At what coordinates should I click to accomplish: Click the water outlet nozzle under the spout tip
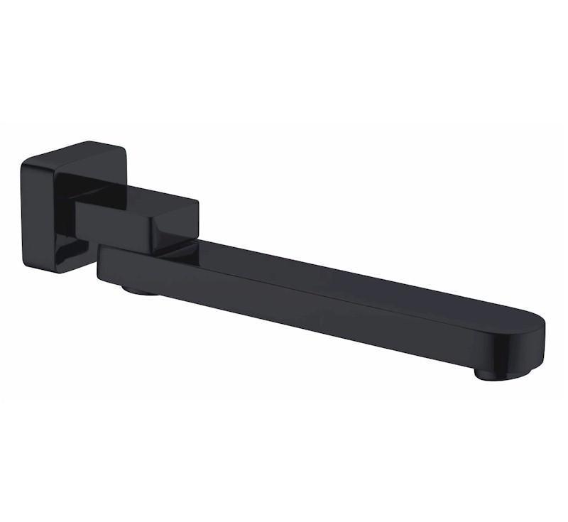click(x=501, y=372)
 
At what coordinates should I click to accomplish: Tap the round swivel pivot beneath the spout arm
click(x=140, y=289)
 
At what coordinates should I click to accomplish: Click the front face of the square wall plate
click(x=50, y=213)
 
